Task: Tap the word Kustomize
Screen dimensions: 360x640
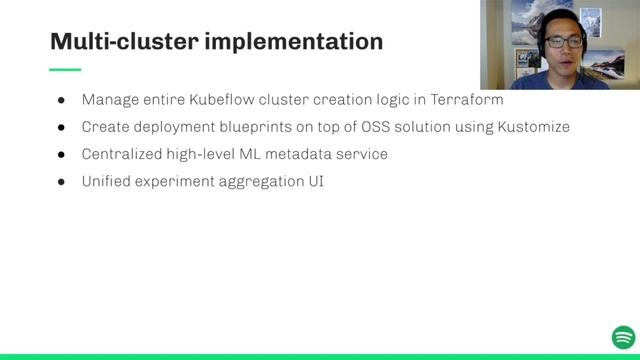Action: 533,128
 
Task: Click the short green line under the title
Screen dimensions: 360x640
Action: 65,69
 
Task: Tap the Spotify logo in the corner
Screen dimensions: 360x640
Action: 623,337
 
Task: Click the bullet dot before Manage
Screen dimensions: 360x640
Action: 61,101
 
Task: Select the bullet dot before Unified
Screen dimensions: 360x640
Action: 61,182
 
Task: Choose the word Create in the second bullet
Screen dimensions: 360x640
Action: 105,128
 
